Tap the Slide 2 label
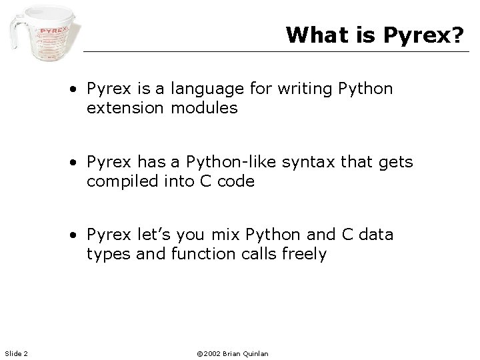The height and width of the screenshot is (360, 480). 15,353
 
